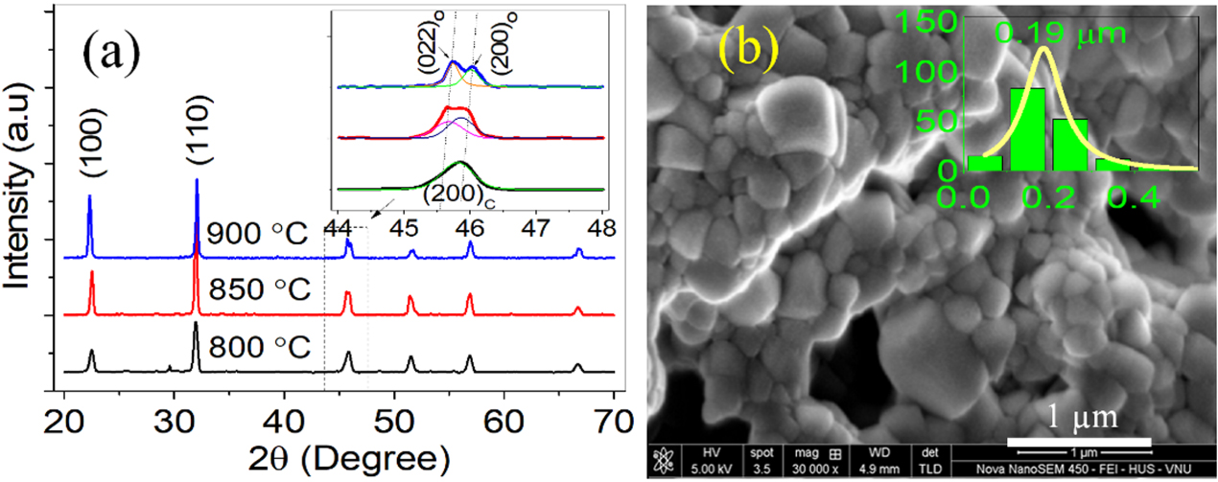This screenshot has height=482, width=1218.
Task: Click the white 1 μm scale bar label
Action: coord(1079,420)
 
